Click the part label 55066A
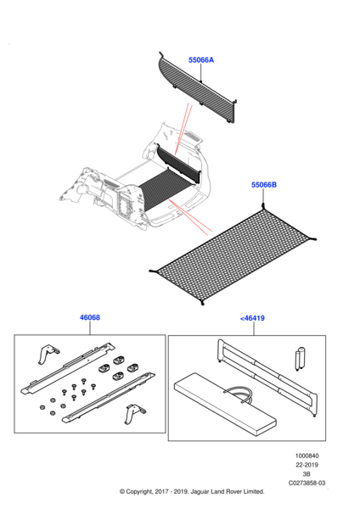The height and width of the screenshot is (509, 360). tap(201, 60)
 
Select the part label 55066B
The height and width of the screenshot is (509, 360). tap(264, 185)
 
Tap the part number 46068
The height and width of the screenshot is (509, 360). tap(90, 317)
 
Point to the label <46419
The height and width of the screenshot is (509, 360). tap(252, 318)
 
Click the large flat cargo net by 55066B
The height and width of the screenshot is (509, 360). tap(234, 256)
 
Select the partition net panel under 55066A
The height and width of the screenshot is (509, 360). tap(198, 87)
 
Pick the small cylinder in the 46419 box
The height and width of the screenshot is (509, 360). tap(301, 359)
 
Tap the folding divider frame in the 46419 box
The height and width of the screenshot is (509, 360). tap(267, 378)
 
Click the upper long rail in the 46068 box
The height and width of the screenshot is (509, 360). tap(68, 368)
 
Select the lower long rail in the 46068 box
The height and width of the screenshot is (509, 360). tap(108, 398)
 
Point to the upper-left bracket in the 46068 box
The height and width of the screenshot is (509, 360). tap(48, 354)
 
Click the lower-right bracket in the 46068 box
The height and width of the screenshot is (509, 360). tap(134, 414)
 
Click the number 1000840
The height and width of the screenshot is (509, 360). tap(307, 456)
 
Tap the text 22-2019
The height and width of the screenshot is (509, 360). tap(307, 465)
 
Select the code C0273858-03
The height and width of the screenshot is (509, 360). tap(307, 483)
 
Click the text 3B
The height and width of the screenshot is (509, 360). tap(307, 474)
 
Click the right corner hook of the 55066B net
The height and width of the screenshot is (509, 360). tap(313, 239)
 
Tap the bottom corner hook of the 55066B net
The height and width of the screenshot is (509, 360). tap(202, 303)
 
